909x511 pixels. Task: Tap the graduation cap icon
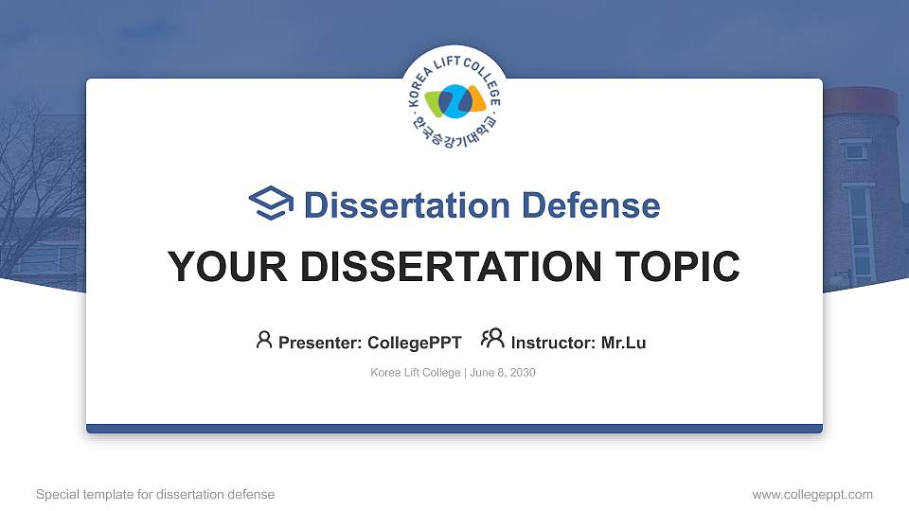pyautogui.click(x=271, y=203)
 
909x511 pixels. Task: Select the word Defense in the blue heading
pyautogui.click(x=591, y=204)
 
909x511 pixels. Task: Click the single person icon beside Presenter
pyautogui.click(x=264, y=340)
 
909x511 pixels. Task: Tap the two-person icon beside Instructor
pyautogui.click(x=492, y=340)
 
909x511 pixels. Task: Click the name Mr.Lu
pyautogui.click(x=623, y=343)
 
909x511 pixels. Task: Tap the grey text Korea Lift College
pyautogui.click(x=415, y=373)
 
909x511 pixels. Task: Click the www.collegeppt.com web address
pyautogui.click(x=811, y=494)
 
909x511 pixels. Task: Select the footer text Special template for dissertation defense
pyautogui.click(x=155, y=494)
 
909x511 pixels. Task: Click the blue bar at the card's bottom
pyautogui.click(x=454, y=429)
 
